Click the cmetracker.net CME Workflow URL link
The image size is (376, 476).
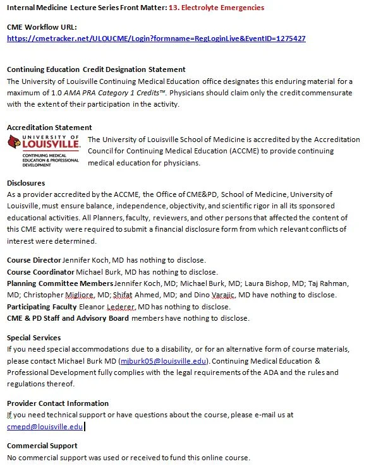tap(156, 39)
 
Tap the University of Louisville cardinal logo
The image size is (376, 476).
tap(44, 150)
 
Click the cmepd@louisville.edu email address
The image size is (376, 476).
tap(44, 426)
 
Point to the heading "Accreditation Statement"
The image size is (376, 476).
tap(49, 128)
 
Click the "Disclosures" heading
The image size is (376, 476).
tap(26, 183)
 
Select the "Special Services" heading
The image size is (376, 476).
tap(34, 338)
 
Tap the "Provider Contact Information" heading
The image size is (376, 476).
tap(58, 403)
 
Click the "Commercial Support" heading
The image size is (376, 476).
tap(42, 446)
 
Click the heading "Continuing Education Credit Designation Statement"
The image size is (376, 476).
tap(96, 69)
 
